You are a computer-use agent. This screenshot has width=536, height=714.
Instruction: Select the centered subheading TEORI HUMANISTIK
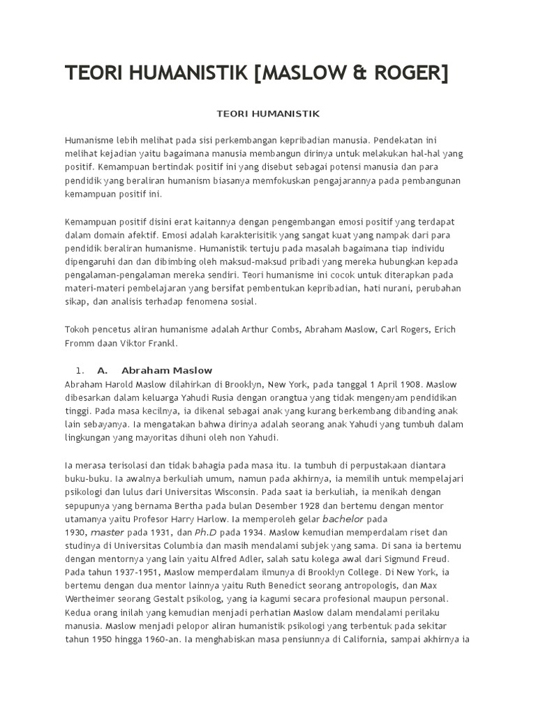[267, 113]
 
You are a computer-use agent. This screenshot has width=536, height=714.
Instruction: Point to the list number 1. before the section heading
[80, 370]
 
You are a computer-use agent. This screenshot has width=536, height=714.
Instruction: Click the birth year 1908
[411, 383]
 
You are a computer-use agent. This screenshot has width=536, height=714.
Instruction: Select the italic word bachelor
[343, 519]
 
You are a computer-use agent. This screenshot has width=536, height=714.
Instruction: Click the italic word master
[107, 532]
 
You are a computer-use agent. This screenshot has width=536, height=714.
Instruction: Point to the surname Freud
[431, 559]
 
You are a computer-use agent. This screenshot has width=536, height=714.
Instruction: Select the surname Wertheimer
[94, 600]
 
